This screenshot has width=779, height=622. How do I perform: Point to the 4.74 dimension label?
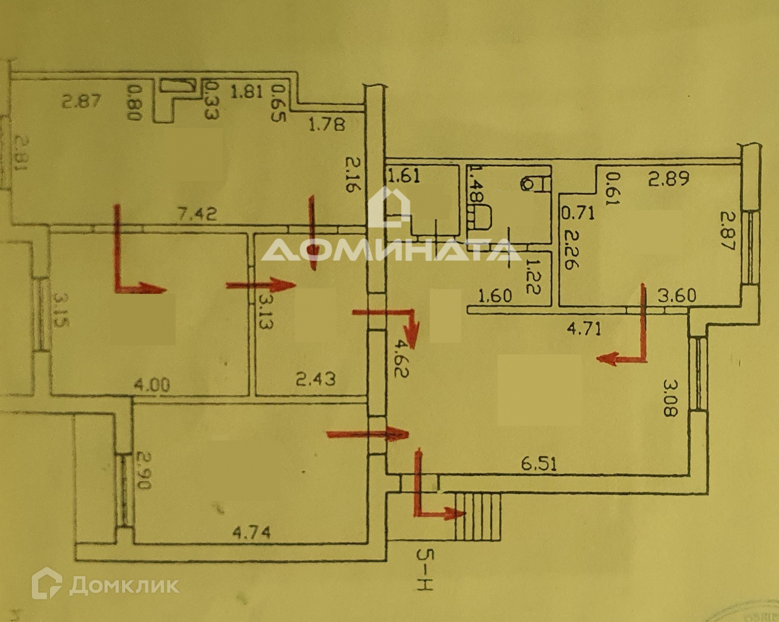tap(251, 532)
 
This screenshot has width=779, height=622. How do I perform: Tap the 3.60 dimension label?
tap(676, 296)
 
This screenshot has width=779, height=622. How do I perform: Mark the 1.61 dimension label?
tap(404, 174)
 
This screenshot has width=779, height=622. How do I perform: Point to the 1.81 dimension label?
tap(247, 91)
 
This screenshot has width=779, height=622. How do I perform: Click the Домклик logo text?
tap(123, 585)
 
